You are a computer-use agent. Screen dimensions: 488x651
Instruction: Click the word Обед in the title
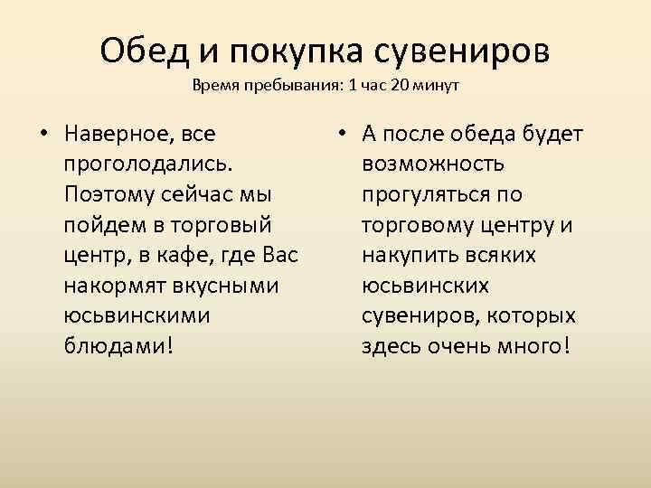[146, 51]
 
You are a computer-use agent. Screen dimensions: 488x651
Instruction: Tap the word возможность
[433, 165]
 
